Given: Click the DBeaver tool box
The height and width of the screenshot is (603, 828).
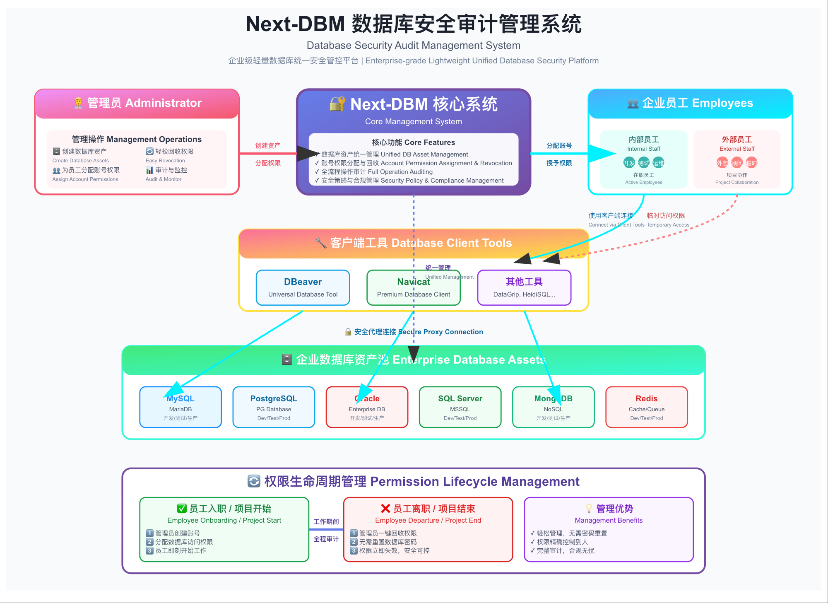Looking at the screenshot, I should pyautogui.click(x=303, y=287).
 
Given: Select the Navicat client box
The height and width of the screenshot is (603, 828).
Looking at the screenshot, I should pyautogui.click(x=413, y=287).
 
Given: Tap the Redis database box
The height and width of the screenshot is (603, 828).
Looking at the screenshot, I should pyautogui.click(x=646, y=407).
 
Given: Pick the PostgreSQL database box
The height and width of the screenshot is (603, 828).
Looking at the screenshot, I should pyautogui.click(x=273, y=407).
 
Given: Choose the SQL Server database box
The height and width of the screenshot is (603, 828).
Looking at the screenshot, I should pyautogui.click(x=460, y=407).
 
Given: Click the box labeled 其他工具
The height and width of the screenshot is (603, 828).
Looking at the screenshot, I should pyautogui.click(x=524, y=287).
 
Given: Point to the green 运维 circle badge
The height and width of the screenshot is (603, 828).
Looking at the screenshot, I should pyautogui.click(x=658, y=163).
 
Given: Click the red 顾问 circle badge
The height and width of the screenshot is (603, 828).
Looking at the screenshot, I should pyautogui.click(x=737, y=163).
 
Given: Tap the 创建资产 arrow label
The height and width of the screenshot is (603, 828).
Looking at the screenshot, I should pyautogui.click(x=268, y=145).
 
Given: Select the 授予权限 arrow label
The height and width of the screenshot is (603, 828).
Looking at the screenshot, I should pyautogui.click(x=559, y=163).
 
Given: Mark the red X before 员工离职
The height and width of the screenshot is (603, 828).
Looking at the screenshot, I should pyautogui.click(x=385, y=508).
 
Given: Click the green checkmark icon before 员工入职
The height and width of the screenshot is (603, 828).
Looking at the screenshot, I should pyautogui.click(x=182, y=508).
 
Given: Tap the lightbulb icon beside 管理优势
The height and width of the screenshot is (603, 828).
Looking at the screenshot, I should pyautogui.click(x=589, y=508).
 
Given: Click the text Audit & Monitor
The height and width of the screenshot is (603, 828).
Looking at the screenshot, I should pyautogui.click(x=163, y=179).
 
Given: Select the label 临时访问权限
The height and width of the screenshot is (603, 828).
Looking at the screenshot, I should pyautogui.click(x=666, y=215).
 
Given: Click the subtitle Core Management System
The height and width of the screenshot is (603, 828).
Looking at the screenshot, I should pyautogui.click(x=413, y=121).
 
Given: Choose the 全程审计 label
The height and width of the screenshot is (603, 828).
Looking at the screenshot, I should pyautogui.click(x=326, y=539).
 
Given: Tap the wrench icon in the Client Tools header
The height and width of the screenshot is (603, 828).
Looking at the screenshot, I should pyautogui.click(x=321, y=243).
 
